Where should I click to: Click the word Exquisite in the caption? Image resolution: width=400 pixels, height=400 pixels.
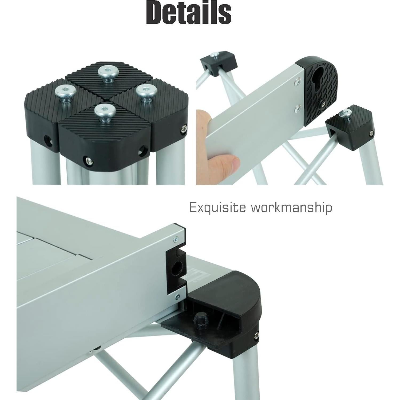[217, 207]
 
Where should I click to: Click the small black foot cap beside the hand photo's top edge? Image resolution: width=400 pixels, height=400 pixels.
[219, 63]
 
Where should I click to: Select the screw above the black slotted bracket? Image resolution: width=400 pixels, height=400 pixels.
[176, 239]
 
